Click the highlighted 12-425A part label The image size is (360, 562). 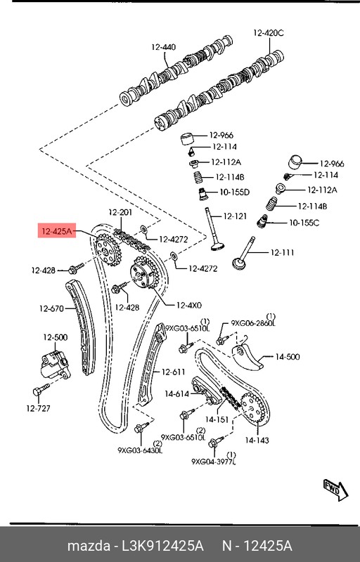point(56,230)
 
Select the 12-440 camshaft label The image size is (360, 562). point(164,47)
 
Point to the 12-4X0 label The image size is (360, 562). point(189,305)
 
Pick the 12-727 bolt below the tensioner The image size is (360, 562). point(39,391)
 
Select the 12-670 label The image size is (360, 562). point(51,308)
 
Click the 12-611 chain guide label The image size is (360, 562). point(174,372)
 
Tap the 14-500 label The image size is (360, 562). point(288,357)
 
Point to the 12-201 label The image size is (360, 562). point(120,213)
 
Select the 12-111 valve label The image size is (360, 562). point(283,252)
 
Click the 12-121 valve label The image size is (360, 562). point(235,216)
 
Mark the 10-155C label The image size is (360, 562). point(304,223)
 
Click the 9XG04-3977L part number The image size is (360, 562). point(214,462)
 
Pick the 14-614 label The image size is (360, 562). point(177,394)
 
